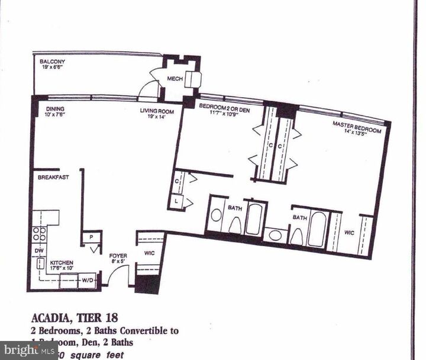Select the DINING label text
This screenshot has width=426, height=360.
click(x=56, y=109)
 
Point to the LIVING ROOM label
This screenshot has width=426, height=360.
click(x=156, y=111)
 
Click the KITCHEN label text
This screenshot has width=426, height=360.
click(x=61, y=262)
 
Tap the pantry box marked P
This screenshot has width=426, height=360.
click(x=91, y=236)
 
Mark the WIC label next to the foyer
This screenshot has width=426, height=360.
click(x=149, y=253)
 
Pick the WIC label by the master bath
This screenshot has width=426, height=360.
click(x=350, y=233)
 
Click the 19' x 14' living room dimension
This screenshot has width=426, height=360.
click(x=156, y=117)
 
